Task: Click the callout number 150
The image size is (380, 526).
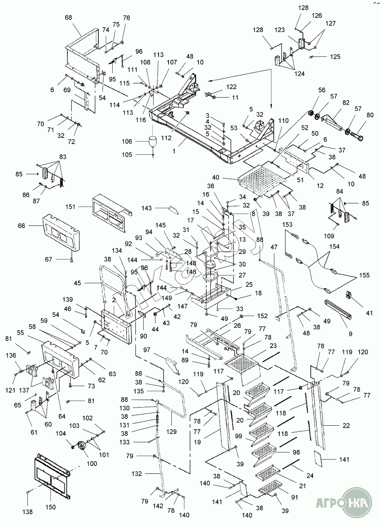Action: point(50,507)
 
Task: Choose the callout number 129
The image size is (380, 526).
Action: point(171,432)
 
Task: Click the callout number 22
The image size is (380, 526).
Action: point(346,426)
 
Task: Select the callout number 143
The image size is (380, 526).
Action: point(147,208)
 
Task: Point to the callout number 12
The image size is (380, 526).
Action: point(320,186)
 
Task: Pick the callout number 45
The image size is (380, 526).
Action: point(77,283)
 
